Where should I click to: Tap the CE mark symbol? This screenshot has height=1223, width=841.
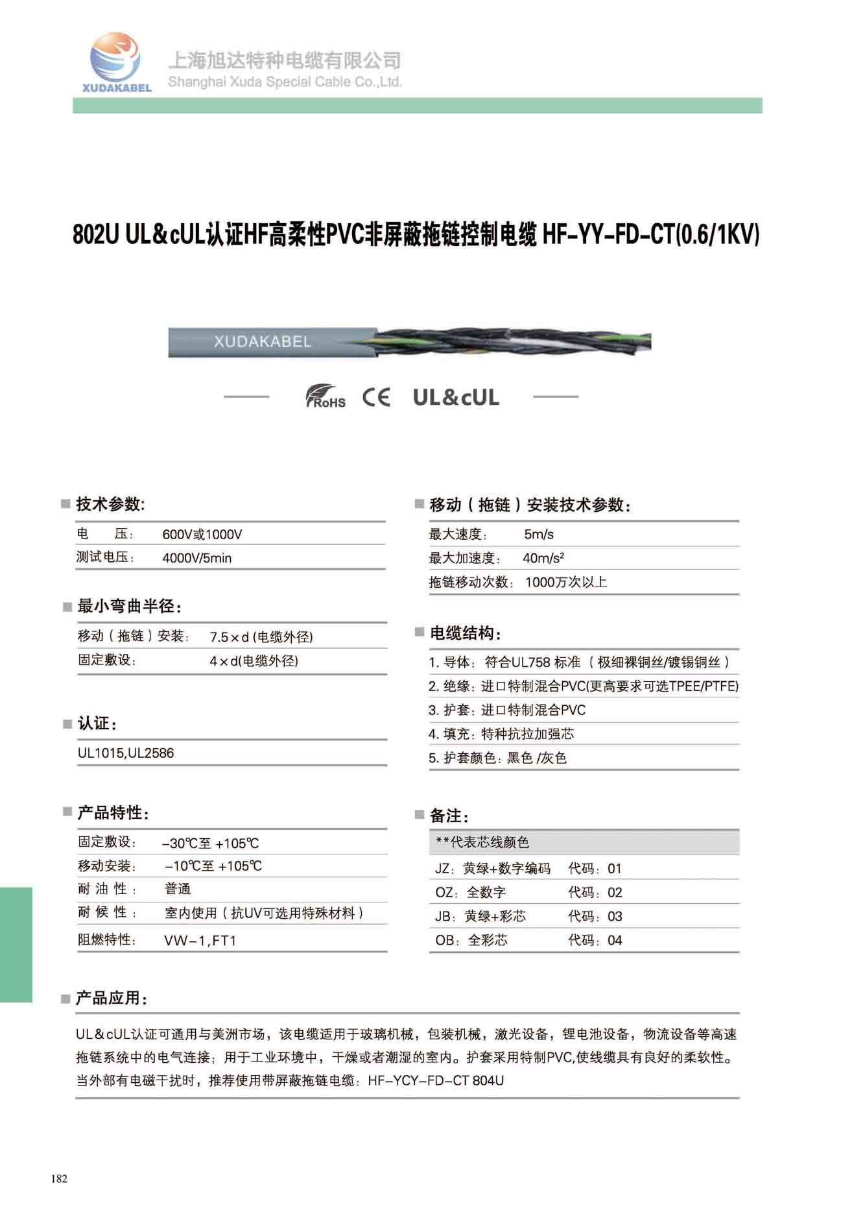click(x=376, y=396)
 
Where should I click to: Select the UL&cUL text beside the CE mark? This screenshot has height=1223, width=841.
click(x=456, y=397)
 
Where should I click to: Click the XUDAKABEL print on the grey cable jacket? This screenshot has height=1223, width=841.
click(x=262, y=341)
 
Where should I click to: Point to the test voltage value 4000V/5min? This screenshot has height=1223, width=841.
click(x=196, y=558)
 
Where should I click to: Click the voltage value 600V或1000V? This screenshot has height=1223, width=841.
click(x=202, y=535)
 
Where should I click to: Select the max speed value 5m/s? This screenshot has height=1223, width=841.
click(x=539, y=535)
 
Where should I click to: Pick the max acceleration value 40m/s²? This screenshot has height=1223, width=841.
click(x=543, y=558)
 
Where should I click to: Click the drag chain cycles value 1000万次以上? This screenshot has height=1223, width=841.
click(x=565, y=582)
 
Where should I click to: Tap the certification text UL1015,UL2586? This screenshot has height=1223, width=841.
click(x=126, y=753)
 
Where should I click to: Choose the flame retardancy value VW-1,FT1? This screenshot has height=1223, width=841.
click(x=200, y=940)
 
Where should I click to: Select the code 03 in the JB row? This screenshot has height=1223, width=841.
click(x=615, y=917)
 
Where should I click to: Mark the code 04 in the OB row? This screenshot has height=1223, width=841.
click(x=615, y=941)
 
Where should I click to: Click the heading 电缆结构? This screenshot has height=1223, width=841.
click(x=465, y=633)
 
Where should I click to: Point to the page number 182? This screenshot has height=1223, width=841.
click(x=59, y=1179)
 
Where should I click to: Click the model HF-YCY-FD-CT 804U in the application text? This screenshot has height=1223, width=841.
click(x=435, y=1081)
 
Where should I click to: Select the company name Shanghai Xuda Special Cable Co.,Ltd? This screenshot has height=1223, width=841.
click(x=285, y=82)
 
